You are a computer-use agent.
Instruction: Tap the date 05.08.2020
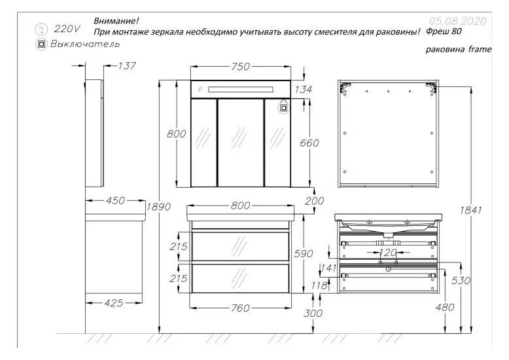(457, 21)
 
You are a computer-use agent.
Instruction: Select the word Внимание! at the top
(116, 21)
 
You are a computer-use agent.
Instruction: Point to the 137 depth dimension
(127, 65)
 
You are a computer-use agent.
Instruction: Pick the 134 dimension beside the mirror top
(304, 89)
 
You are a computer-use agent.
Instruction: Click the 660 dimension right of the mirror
(309, 143)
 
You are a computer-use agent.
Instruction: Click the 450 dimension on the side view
(115, 201)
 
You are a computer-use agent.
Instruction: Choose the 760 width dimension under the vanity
(241, 308)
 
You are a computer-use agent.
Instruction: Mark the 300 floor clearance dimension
(313, 314)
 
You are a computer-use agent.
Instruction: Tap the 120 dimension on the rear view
(387, 252)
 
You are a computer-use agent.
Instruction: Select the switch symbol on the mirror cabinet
(285, 105)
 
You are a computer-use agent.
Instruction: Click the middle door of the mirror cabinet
(240, 141)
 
